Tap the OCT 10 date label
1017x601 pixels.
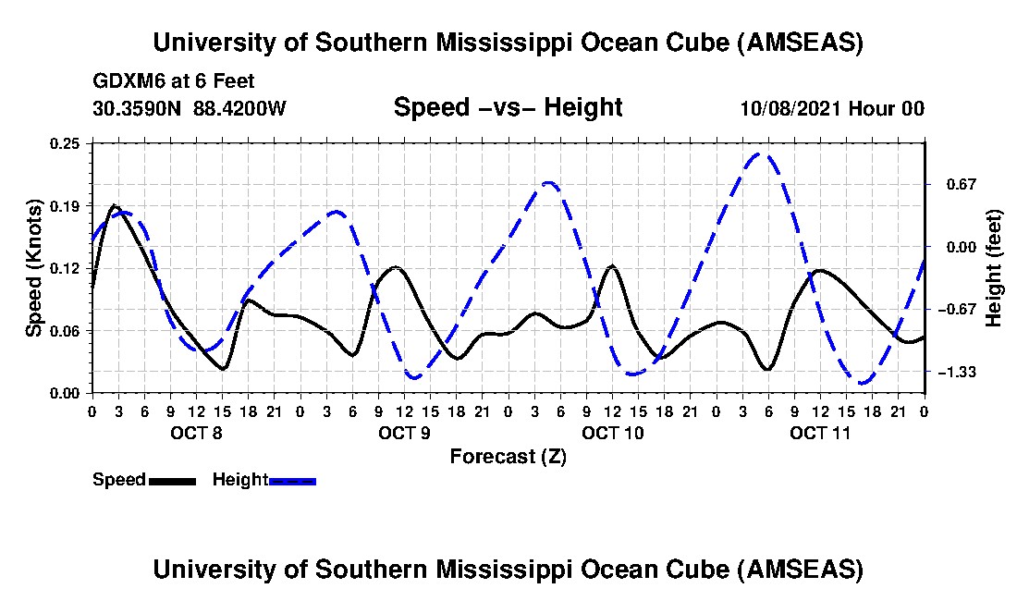(x=612, y=433)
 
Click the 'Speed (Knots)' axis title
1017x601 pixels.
(x=34, y=267)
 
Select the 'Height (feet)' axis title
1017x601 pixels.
(x=994, y=268)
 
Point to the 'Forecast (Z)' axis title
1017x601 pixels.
(x=508, y=457)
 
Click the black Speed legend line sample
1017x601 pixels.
(x=172, y=480)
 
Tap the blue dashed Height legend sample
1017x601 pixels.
(x=292, y=480)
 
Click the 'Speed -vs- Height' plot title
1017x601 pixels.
(x=508, y=107)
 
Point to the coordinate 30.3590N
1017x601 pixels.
(x=139, y=108)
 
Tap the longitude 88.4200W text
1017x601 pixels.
(x=240, y=108)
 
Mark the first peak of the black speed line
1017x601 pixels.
(x=114, y=205)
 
